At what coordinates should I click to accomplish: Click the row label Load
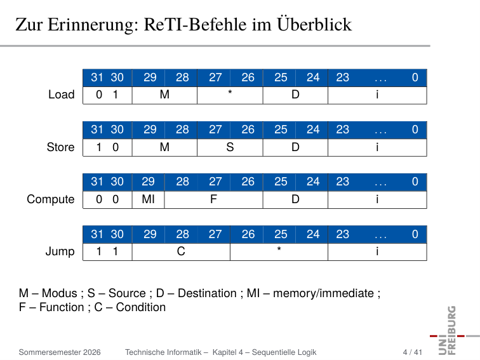(x=61, y=95)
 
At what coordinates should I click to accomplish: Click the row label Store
(x=60, y=147)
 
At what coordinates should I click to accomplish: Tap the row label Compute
(x=51, y=199)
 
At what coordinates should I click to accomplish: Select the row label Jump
(x=60, y=251)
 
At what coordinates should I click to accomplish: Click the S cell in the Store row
(x=230, y=147)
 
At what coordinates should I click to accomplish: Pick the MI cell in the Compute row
(x=148, y=199)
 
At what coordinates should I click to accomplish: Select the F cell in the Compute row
(x=214, y=199)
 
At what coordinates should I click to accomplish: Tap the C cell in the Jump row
(x=181, y=251)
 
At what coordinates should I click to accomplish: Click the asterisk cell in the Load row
(x=230, y=95)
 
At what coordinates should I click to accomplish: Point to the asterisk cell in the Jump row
(x=279, y=251)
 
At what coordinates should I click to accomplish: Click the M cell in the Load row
(x=164, y=95)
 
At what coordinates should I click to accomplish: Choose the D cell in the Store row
(x=295, y=147)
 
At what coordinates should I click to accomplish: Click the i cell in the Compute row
(x=377, y=199)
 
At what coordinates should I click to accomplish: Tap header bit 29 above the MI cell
(x=148, y=182)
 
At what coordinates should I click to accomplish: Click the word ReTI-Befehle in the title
(x=196, y=25)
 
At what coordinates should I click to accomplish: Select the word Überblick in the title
(x=314, y=24)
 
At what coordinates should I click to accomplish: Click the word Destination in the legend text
(x=207, y=293)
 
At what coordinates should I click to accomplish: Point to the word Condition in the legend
(x=141, y=307)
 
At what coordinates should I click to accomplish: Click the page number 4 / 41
(x=412, y=352)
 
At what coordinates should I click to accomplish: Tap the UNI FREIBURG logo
(x=451, y=330)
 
